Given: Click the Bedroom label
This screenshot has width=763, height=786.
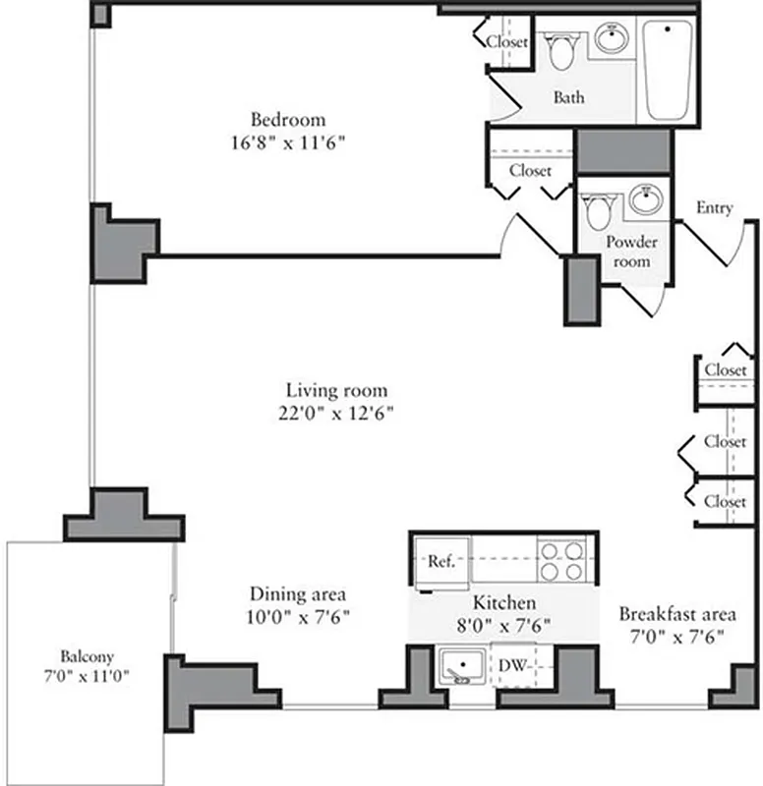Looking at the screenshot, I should (287, 120).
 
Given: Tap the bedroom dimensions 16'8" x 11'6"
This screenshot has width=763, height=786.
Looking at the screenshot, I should (287, 142).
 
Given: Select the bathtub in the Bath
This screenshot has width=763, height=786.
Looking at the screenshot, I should (667, 68).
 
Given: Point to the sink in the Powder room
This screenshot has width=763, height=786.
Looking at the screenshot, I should (645, 201).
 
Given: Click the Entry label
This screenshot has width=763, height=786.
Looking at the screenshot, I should (714, 208).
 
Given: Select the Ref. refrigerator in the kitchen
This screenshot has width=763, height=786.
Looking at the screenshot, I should (440, 562).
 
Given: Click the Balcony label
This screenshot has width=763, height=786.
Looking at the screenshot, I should (88, 655).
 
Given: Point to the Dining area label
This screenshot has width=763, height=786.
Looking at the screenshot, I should (297, 594).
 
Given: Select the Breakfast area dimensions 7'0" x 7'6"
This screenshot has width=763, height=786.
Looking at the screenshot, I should (676, 636).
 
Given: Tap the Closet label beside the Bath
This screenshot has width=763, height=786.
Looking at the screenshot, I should (507, 42).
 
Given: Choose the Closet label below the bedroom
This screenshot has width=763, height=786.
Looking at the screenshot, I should (530, 170).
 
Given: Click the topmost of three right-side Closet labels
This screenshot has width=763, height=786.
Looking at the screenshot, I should (725, 370).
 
